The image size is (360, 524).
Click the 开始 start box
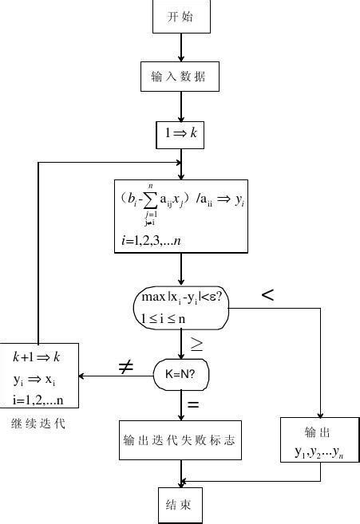click(x=180, y=16)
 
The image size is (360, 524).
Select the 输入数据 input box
click(x=180, y=77)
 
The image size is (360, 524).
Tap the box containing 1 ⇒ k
click(x=180, y=134)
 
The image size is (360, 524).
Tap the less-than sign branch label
click(x=267, y=296)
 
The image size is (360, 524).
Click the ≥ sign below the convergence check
click(x=196, y=345)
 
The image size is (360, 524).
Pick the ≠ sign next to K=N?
click(x=125, y=367)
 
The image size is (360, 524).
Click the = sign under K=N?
click(x=193, y=404)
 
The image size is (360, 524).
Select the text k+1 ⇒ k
click(x=37, y=357)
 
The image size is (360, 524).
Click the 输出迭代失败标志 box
click(x=180, y=440)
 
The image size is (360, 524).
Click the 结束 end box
click(x=180, y=505)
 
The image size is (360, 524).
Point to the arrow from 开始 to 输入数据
click(x=181, y=47)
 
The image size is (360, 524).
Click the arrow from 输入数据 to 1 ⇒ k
click(x=181, y=105)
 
